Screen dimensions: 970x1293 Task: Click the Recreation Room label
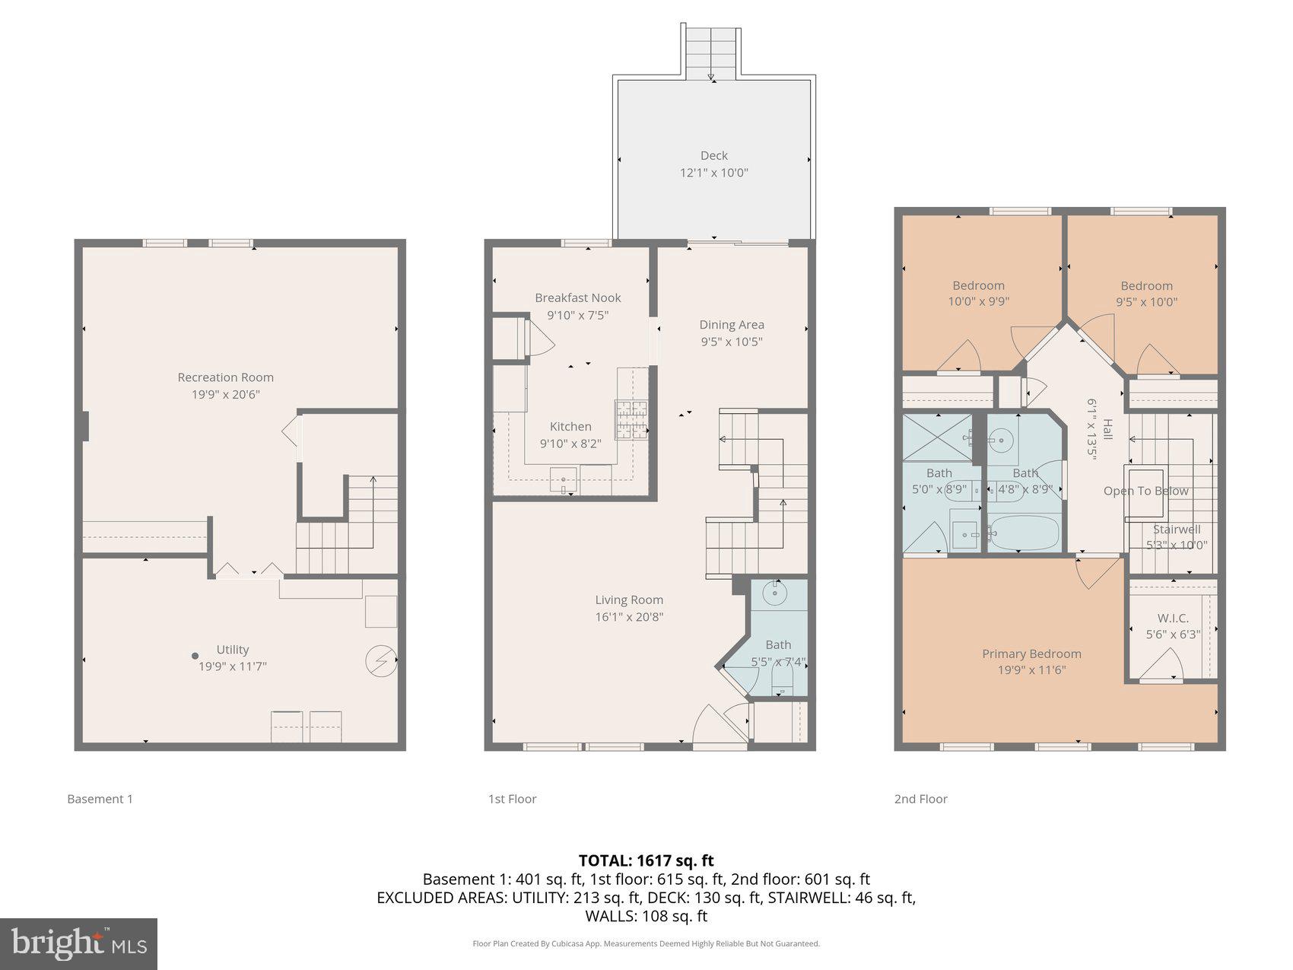coord(225,377)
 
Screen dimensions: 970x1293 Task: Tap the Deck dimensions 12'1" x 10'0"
coord(713,173)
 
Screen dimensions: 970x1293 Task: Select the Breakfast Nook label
coord(577,297)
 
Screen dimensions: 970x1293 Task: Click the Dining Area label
coord(731,325)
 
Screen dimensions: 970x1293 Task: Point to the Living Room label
coord(629,599)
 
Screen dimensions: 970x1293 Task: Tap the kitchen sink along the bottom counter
coord(564,480)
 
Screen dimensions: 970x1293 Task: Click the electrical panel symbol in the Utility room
coord(380,661)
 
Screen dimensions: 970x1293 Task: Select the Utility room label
coord(232,649)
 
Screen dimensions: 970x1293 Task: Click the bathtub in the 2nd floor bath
coord(1024,534)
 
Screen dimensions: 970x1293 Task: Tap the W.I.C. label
coord(1173,619)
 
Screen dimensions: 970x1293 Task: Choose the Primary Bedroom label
coord(1031,654)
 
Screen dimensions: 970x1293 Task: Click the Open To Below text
coord(1145,491)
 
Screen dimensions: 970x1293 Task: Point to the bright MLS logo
coord(79,944)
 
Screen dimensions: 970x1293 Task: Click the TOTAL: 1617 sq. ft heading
coord(646,860)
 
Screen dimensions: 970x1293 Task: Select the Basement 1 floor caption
coord(100,799)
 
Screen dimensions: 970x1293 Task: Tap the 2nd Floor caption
coord(920,799)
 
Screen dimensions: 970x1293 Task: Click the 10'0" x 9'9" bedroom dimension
coord(978,301)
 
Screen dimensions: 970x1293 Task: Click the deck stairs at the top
coord(712,50)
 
